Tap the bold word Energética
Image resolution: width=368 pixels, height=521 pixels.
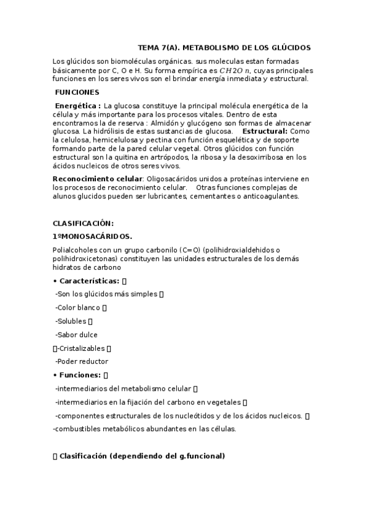(78, 106)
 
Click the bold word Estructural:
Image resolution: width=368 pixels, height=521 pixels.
(265, 131)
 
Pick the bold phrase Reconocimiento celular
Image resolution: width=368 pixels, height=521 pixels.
(98, 178)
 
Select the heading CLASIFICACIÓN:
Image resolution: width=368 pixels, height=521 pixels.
(83, 223)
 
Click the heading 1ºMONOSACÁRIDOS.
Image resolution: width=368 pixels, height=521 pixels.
(92, 236)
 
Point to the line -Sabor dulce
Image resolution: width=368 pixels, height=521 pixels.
(76, 335)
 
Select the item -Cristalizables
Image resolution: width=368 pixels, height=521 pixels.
(81, 348)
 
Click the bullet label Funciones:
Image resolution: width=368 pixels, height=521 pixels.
(80, 375)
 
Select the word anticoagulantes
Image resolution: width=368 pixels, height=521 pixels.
(270, 197)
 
